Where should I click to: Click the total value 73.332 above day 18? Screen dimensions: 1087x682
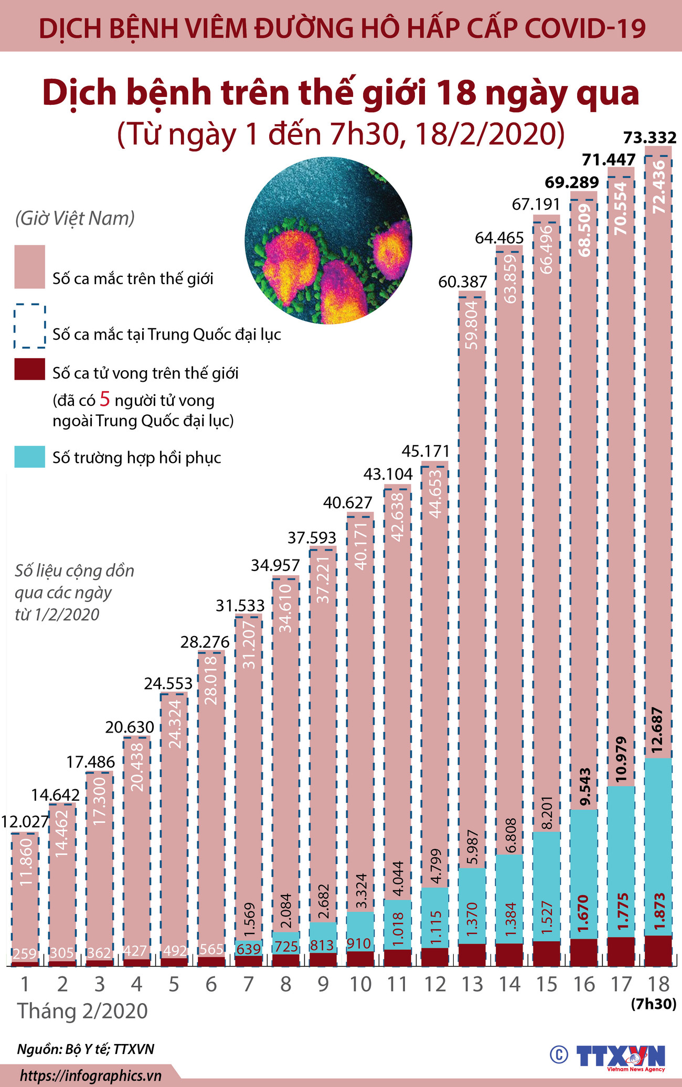click(x=650, y=138)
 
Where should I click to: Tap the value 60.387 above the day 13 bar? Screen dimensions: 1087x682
click(x=463, y=282)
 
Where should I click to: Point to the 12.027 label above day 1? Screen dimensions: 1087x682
click(x=24, y=821)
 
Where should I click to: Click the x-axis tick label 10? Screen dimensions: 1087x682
click(x=360, y=984)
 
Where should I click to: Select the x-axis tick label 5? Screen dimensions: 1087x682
click(x=174, y=984)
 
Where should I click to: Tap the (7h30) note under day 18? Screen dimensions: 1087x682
click(x=653, y=1004)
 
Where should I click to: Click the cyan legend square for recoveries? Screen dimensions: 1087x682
click(x=29, y=457)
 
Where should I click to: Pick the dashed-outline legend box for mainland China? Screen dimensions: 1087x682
click(x=29, y=327)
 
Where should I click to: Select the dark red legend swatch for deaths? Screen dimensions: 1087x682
click(x=29, y=370)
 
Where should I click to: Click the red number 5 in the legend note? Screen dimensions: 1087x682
click(x=105, y=400)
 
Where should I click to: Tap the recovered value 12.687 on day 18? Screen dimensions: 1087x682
click(x=658, y=730)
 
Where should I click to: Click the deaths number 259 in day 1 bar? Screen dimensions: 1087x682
click(x=24, y=953)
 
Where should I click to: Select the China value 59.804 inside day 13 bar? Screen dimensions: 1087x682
click(x=472, y=325)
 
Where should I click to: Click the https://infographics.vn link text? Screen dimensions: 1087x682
click(x=90, y=1076)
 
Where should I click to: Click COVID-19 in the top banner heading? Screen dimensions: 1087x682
click(x=585, y=29)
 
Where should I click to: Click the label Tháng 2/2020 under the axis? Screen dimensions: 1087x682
click(x=83, y=1011)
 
